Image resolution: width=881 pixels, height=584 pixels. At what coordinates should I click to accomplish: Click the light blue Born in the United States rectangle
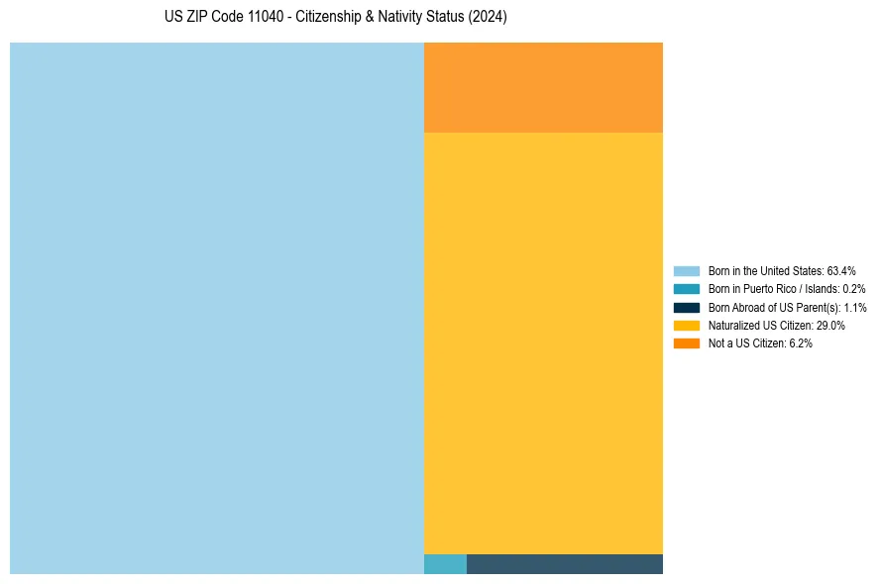tap(216, 308)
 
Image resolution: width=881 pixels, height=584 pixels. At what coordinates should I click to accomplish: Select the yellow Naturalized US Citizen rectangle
tap(543, 342)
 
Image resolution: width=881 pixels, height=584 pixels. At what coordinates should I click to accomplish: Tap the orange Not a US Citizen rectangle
tap(543, 87)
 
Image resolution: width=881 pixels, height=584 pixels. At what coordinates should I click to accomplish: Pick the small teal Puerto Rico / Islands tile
tap(445, 564)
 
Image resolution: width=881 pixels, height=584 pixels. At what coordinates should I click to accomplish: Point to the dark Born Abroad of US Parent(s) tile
tap(564, 564)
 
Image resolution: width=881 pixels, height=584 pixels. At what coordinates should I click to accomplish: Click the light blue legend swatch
tap(687, 270)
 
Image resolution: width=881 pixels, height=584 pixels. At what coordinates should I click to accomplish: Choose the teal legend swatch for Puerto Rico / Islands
tap(687, 289)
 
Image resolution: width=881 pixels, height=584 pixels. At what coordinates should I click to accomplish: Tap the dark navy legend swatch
tap(687, 307)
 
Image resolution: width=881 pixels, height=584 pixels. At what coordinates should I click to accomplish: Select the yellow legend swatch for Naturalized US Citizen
tap(687, 325)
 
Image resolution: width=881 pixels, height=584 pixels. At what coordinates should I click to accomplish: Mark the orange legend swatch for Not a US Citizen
tap(687, 343)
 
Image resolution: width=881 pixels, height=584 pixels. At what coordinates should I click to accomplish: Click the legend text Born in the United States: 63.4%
tap(782, 270)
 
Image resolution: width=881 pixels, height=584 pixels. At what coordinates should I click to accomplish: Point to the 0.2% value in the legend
tap(854, 289)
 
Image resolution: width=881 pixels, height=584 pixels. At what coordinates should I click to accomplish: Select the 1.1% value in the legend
tap(855, 307)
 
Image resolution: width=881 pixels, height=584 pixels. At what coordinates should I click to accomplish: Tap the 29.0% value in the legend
tap(830, 325)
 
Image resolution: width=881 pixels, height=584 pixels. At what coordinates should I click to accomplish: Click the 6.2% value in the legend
tap(801, 343)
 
